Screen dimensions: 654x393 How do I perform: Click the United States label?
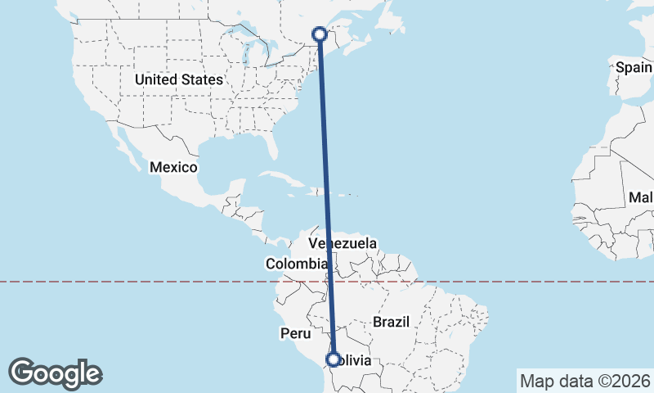click(x=179, y=79)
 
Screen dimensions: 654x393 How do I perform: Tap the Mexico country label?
click(x=173, y=167)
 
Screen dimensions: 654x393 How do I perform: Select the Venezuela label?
click(x=343, y=243)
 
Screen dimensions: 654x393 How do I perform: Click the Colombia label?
click(x=296, y=264)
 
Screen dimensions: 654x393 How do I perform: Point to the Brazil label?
click(x=391, y=322)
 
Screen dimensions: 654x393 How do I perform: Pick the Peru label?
click(x=296, y=333)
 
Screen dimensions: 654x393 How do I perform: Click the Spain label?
click(x=634, y=67)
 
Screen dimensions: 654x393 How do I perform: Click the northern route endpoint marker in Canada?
click(x=320, y=34)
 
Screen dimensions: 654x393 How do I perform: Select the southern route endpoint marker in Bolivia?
click(x=334, y=359)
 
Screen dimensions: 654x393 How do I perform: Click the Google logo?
click(x=56, y=373)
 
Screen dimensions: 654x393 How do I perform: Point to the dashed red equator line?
click(x=163, y=282)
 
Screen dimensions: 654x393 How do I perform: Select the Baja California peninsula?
click(x=123, y=147)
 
